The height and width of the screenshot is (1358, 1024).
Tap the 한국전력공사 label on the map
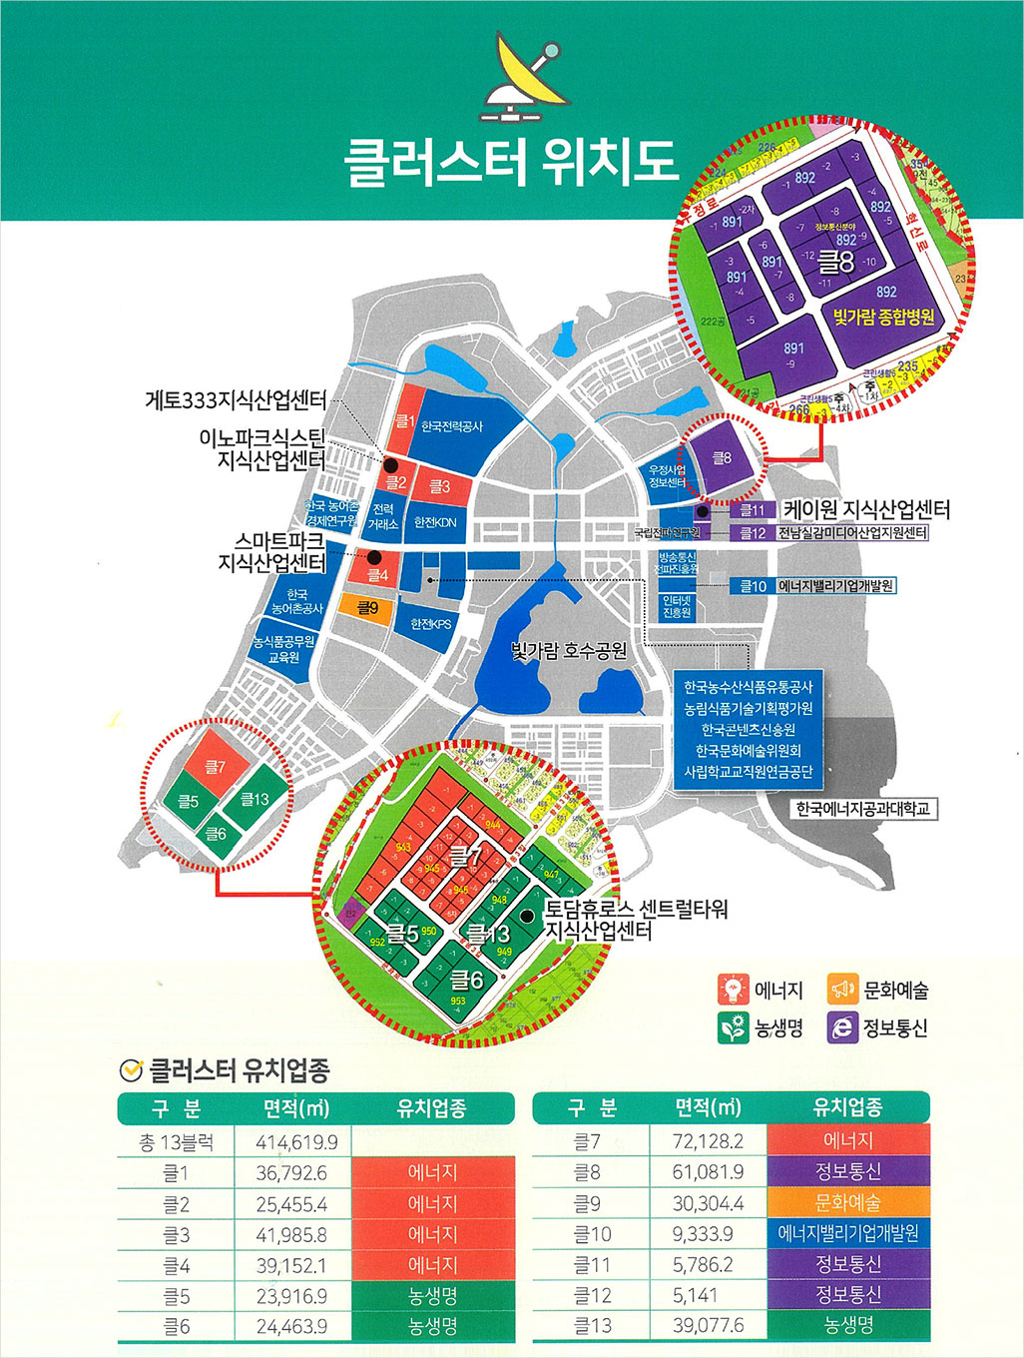[x=452, y=426]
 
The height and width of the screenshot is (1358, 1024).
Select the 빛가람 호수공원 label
[x=569, y=651]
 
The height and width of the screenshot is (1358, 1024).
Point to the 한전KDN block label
[x=435, y=522]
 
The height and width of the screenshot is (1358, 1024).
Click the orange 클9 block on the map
[x=367, y=607]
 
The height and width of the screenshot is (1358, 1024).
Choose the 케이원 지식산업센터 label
[x=865, y=509]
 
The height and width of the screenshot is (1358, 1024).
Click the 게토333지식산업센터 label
[x=236, y=400]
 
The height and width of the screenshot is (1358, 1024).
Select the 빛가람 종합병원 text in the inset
[x=884, y=317]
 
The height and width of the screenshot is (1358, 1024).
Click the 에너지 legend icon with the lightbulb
[x=734, y=990]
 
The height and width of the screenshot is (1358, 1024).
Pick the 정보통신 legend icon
[x=843, y=1026]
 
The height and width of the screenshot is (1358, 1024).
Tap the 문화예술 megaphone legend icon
[x=843, y=990]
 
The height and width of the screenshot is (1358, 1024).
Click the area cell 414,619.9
[x=296, y=1142]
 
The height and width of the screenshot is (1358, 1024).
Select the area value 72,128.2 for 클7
[x=708, y=1141]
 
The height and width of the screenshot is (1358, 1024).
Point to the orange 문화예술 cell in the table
[x=848, y=1203]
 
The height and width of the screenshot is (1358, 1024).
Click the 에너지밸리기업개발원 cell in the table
[x=848, y=1234]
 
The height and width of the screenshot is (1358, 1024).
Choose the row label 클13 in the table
[x=592, y=1326]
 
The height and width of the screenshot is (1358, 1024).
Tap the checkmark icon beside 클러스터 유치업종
[x=130, y=1070]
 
